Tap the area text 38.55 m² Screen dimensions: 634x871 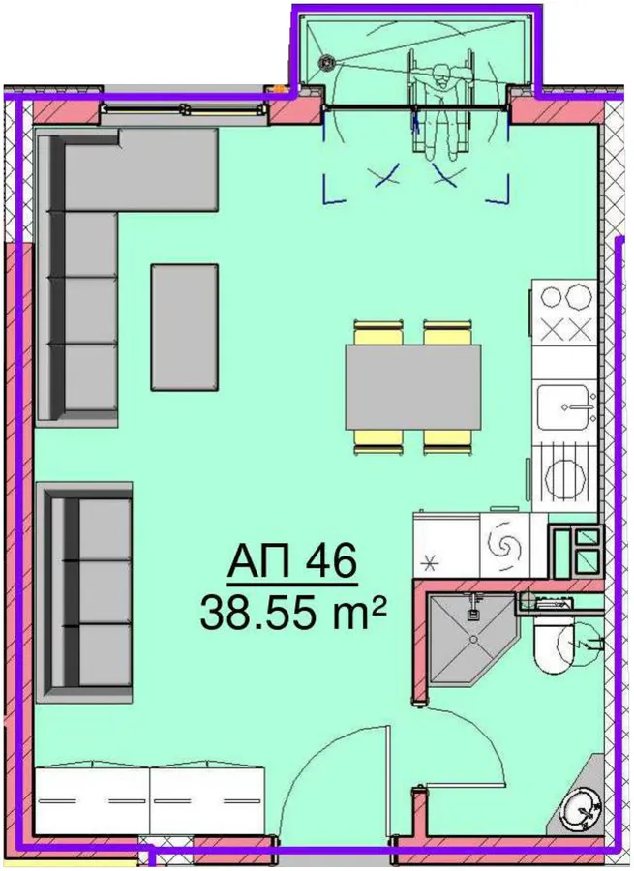293,613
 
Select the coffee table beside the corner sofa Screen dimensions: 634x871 185,327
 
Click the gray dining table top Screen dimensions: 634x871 413,387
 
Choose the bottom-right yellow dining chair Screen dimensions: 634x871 448,442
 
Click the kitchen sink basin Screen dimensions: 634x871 563,406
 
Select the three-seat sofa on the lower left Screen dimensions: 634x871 84,592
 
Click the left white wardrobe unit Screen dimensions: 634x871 92,802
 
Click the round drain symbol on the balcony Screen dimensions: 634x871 325,63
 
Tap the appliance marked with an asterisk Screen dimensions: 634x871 447,545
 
